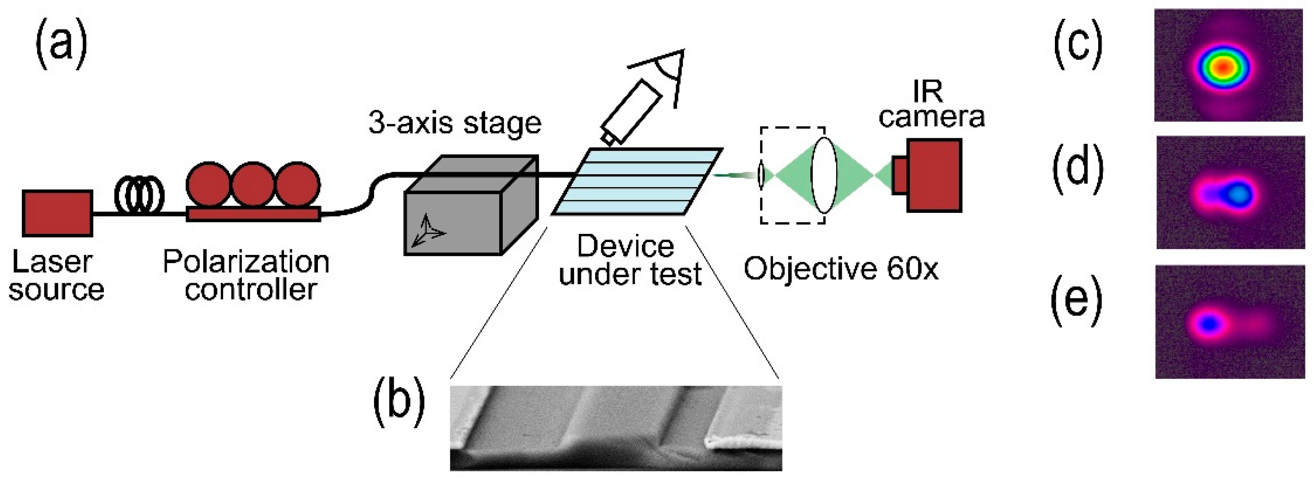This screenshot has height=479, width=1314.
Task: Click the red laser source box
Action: point(57,213)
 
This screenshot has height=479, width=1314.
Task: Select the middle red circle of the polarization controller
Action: point(253,184)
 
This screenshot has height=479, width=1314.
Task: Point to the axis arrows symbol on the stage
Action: point(427,232)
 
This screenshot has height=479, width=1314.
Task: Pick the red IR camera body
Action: point(933,175)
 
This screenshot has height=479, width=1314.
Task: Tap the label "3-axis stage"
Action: point(454,124)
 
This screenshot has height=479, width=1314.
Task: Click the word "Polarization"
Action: point(246,262)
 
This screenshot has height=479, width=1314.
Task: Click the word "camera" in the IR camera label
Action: point(931,117)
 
